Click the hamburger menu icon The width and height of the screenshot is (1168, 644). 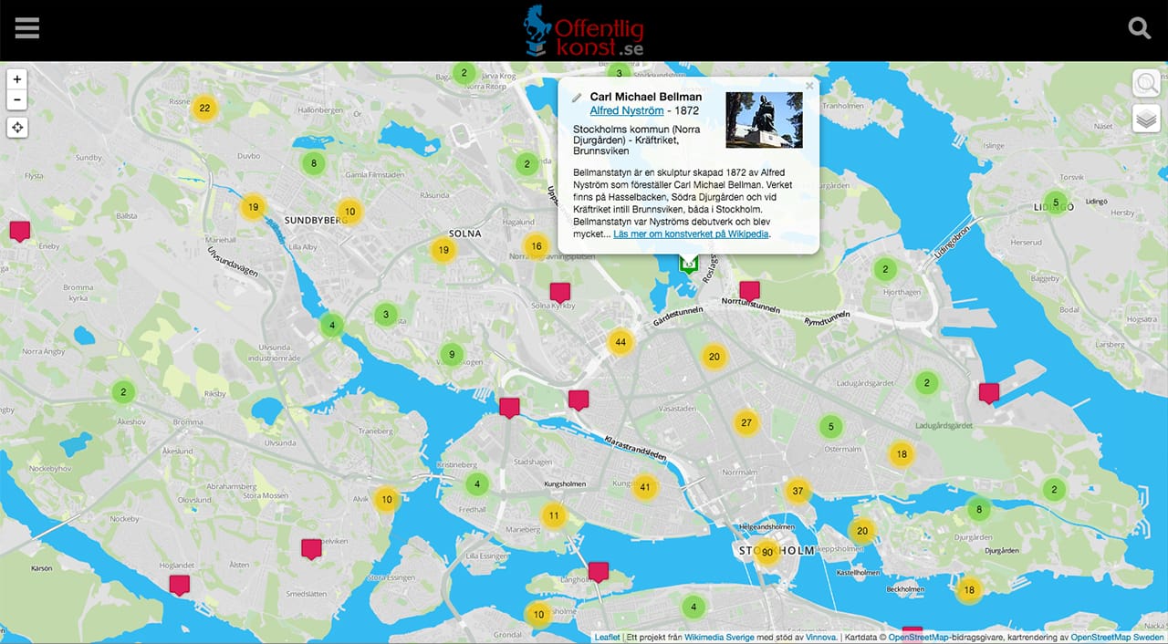(27, 29)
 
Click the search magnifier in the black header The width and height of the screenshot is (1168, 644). (1140, 28)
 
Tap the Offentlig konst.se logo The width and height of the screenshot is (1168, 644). (584, 31)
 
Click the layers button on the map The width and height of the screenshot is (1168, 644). (1146, 119)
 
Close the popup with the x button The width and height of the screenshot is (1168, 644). (808, 87)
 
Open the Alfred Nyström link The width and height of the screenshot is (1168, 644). (626, 111)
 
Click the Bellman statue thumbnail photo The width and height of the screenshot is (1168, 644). (764, 119)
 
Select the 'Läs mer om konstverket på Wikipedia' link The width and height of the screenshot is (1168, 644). (692, 234)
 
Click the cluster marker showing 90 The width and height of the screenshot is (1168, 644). (767, 552)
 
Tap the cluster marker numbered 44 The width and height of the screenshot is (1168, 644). (620, 343)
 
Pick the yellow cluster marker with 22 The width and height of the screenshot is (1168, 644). (204, 108)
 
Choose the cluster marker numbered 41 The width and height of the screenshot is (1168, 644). (645, 487)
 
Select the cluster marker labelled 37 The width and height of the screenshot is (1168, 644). (798, 491)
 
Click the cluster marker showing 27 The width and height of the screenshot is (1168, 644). (746, 422)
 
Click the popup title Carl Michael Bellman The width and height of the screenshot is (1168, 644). (645, 97)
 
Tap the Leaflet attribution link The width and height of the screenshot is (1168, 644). (607, 638)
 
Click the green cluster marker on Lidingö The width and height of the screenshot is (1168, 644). (1056, 203)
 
